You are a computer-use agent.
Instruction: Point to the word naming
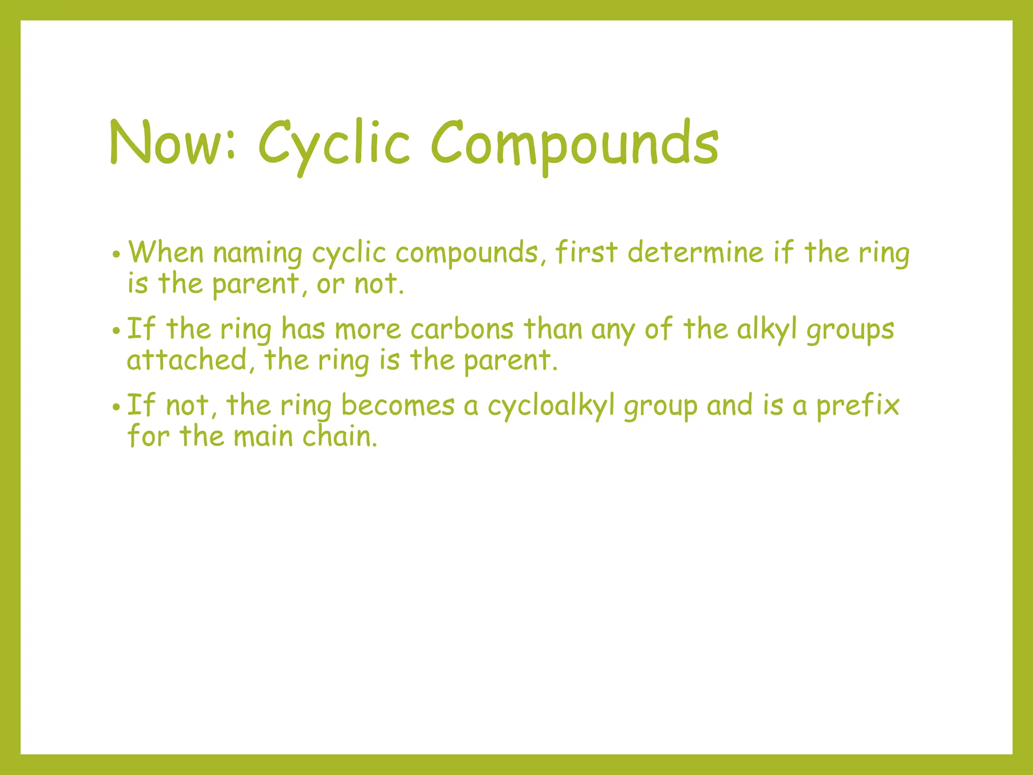click(x=257, y=253)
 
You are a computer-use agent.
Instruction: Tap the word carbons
click(x=462, y=329)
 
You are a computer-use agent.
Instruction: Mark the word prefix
click(x=857, y=406)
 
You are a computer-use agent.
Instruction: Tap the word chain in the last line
click(x=339, y=436)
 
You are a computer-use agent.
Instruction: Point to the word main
click(x=263, y=436)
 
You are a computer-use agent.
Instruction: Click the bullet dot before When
click(x=116, y=254)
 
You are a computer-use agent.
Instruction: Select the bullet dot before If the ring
click(x=116, y=331)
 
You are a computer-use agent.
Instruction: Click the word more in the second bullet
click(x=368, y=330)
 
